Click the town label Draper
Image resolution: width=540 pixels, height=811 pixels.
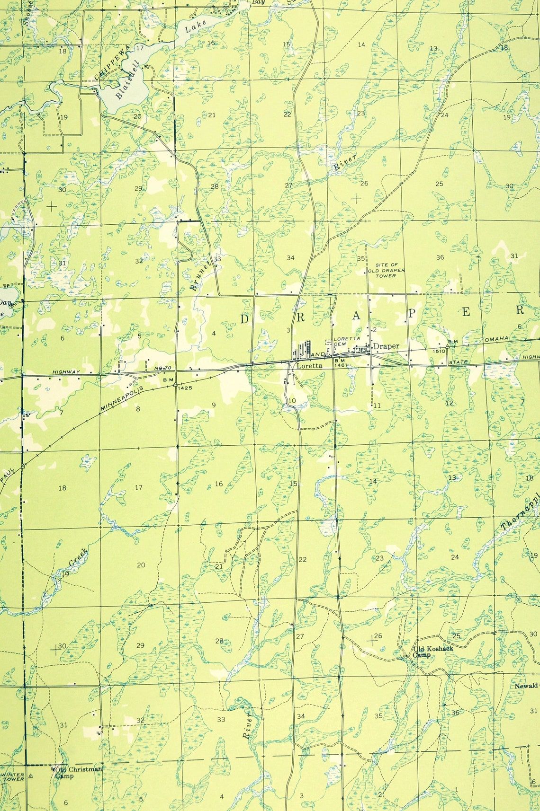tap(386, 346)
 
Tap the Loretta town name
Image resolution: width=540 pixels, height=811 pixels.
tap(309, 366)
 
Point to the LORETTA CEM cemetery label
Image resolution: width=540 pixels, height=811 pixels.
tap(347, 341)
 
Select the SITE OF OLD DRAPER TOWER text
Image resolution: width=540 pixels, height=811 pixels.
tap(387, 270)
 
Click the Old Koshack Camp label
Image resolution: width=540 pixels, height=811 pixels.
tap(432, 652)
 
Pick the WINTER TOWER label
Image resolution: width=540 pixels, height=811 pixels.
tap(13, 776)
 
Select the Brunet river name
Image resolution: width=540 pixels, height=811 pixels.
tap(196, 280)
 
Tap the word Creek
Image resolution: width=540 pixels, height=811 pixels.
tap(78, 557)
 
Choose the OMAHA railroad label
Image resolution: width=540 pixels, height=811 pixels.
tap(496, 339)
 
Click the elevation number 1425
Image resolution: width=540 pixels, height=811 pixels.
tap(185, 388)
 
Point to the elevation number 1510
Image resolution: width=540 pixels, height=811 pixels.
tap(439, 351)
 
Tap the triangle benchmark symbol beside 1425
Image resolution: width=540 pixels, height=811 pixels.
tap(175, 385)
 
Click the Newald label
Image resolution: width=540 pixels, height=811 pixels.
tap(526, 686)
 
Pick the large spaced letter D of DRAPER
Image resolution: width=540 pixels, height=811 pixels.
tap(244, 319)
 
